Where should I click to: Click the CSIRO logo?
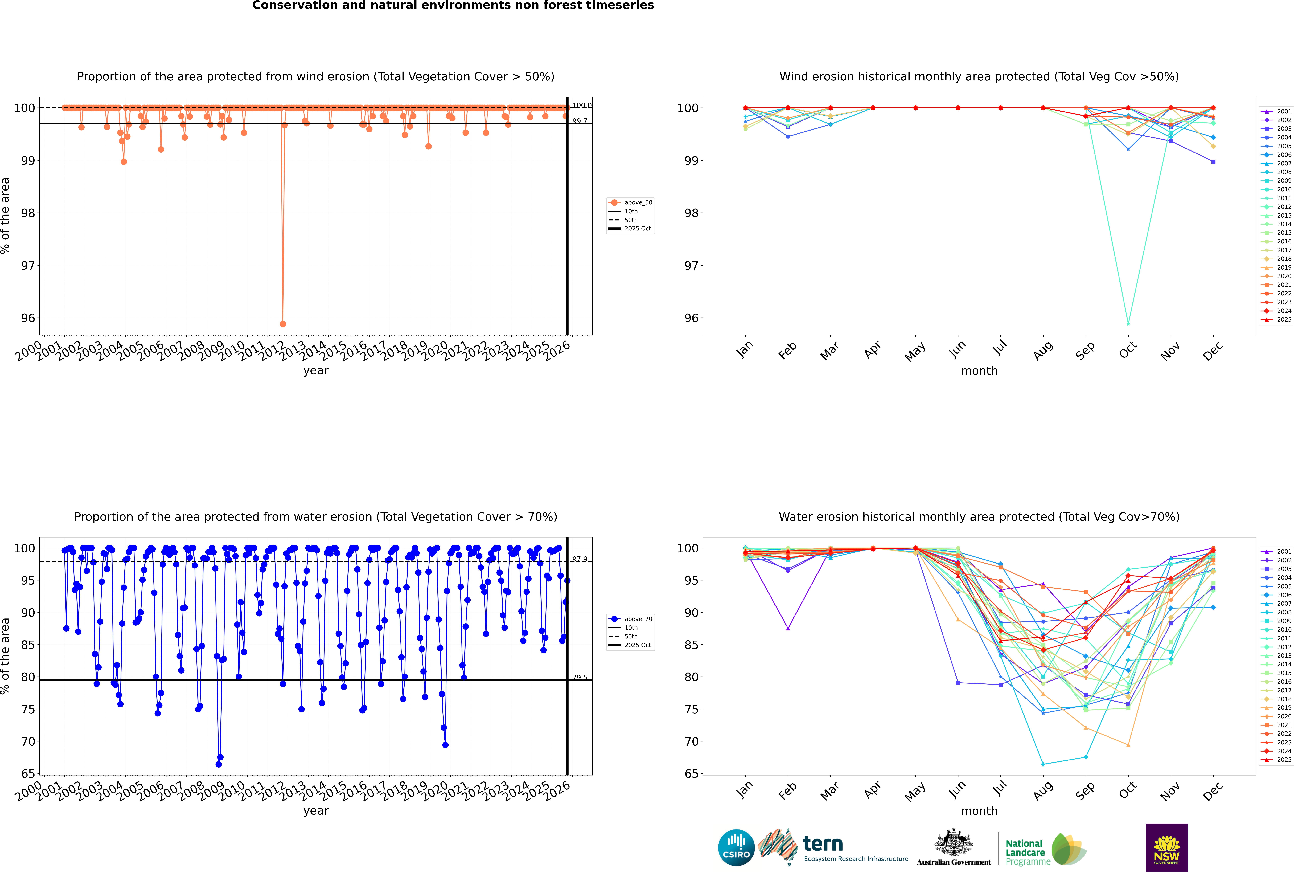click(736, 848)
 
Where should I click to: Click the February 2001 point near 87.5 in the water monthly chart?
click(788, 628)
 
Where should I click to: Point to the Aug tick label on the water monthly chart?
click(1043, 791)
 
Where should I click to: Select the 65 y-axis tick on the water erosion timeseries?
click(28, 774)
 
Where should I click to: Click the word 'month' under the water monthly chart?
click(979, 811)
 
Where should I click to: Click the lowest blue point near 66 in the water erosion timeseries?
click(218, 764)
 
